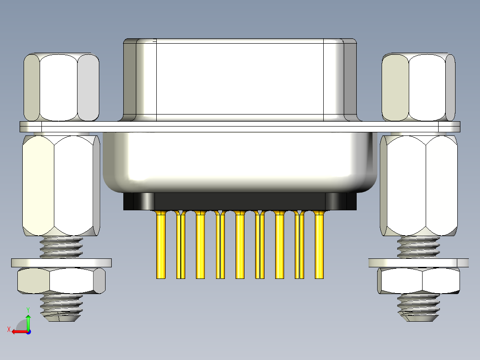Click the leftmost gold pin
(161, 245)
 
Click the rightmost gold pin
(319, 245)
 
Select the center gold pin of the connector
(240, 245)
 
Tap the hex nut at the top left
(61, 87)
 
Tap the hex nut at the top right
(419, 87)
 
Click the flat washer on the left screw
(61, 262)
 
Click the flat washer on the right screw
(419, 263)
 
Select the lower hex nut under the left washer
(61, 281)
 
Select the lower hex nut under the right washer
(419, 281)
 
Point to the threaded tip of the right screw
(419, 307)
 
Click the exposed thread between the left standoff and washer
(61, 247)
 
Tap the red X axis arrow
(18, 331)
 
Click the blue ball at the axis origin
(28, 331)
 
